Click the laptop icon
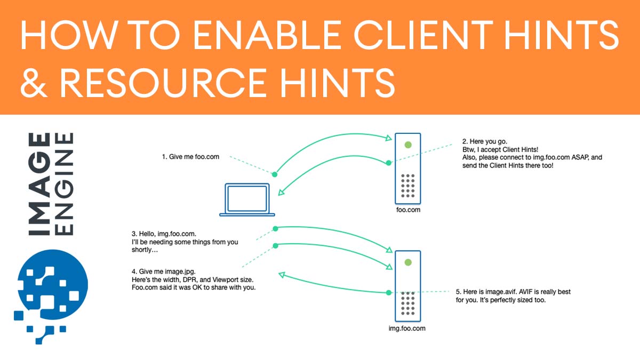click(x=247, y=199)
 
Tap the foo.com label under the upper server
click(x=408, y=210)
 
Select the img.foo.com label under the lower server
click(x=407, y=329)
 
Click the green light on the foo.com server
click(x=408, y=145)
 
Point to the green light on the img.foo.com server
click(x=408, y=262)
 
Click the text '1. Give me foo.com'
click(x=190, y=157)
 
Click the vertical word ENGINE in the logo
click(x=65, y=185)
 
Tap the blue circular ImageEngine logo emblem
click(x=51, y=291)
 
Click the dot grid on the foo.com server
click(x=408, y=185)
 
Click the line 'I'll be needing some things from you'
click(x=185, y=242)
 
